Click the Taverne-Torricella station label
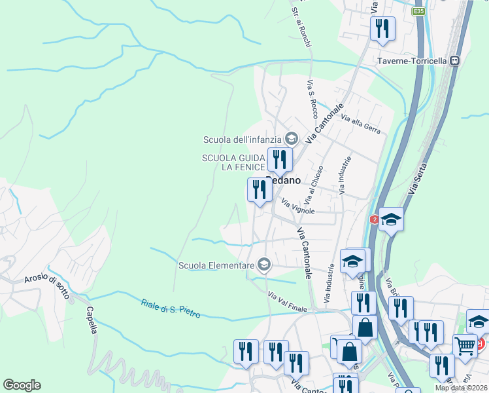coord(412,61)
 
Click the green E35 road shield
coord(419,11)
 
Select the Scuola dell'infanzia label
coord(242,139)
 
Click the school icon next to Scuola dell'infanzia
coord(292,138)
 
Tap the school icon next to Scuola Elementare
coord(263,265)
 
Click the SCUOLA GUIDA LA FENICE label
coord(233,162)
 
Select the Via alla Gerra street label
coord(361,123)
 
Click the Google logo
coord(22,385)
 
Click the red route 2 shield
coord(374,219)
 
